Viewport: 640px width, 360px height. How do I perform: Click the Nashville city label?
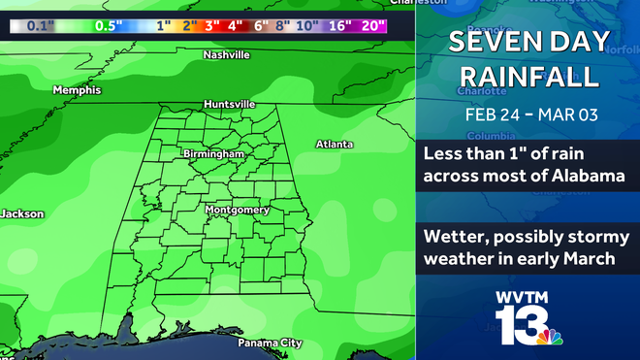pos(226,55)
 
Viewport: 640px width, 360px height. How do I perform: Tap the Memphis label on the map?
pos(77,90)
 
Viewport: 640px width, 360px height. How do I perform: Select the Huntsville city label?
pos(230,104)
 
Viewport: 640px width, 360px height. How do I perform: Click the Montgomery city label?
pos(237,210)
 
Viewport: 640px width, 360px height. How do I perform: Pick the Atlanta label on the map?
pos(334,144)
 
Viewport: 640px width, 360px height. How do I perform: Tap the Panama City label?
pos(271,343)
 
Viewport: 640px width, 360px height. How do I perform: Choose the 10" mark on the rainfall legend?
pos(307,27)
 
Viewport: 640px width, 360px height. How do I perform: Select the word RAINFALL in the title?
pos(528,76)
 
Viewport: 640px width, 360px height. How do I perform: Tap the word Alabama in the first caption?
pos(587,177)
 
